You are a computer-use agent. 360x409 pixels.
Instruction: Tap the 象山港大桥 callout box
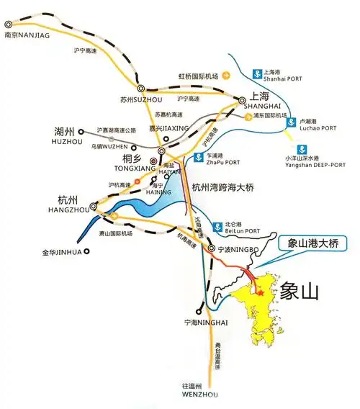tap(312, 243)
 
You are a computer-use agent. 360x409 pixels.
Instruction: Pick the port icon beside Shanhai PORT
tap(257, 73)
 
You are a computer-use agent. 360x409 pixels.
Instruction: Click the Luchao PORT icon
tap(290, 122)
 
